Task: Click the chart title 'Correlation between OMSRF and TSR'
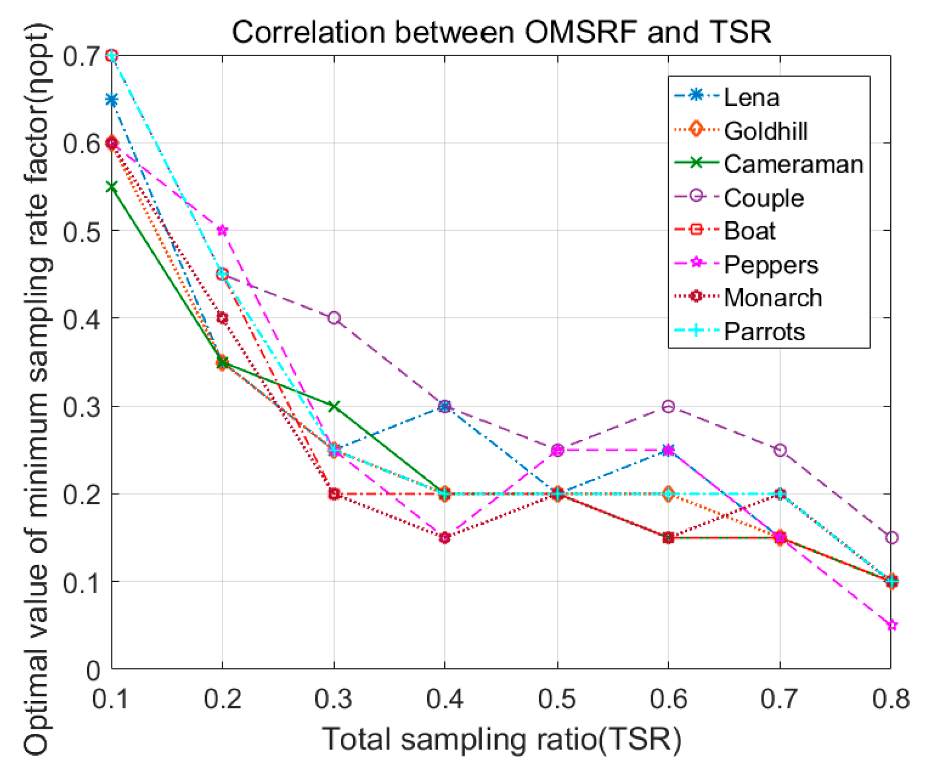click(501, 32)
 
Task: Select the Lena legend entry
click(751, 97)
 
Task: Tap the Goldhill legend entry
click(765, 131)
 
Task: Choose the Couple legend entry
click(764, 198)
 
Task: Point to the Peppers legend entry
click(771, 265)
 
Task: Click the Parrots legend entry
click(764, 332)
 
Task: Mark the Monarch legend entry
click(773, 298)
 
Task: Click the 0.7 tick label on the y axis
click(81, 56)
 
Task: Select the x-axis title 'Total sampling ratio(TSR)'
click(501, 739)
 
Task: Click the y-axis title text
click(37, 388)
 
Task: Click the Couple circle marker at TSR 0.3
click(334, 318)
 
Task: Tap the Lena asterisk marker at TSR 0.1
click(111, 99)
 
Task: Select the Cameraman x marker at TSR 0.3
click(334, 406)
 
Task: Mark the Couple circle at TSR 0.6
click(668, 406)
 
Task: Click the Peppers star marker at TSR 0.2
click(222, 230)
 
